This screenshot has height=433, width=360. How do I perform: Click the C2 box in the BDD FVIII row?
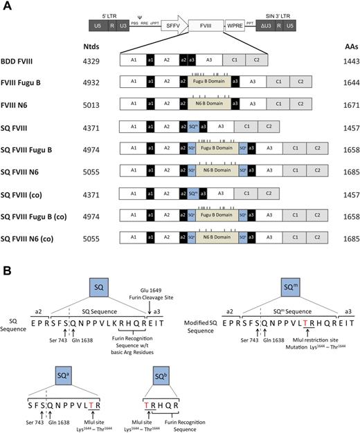click(x=255, y=62)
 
